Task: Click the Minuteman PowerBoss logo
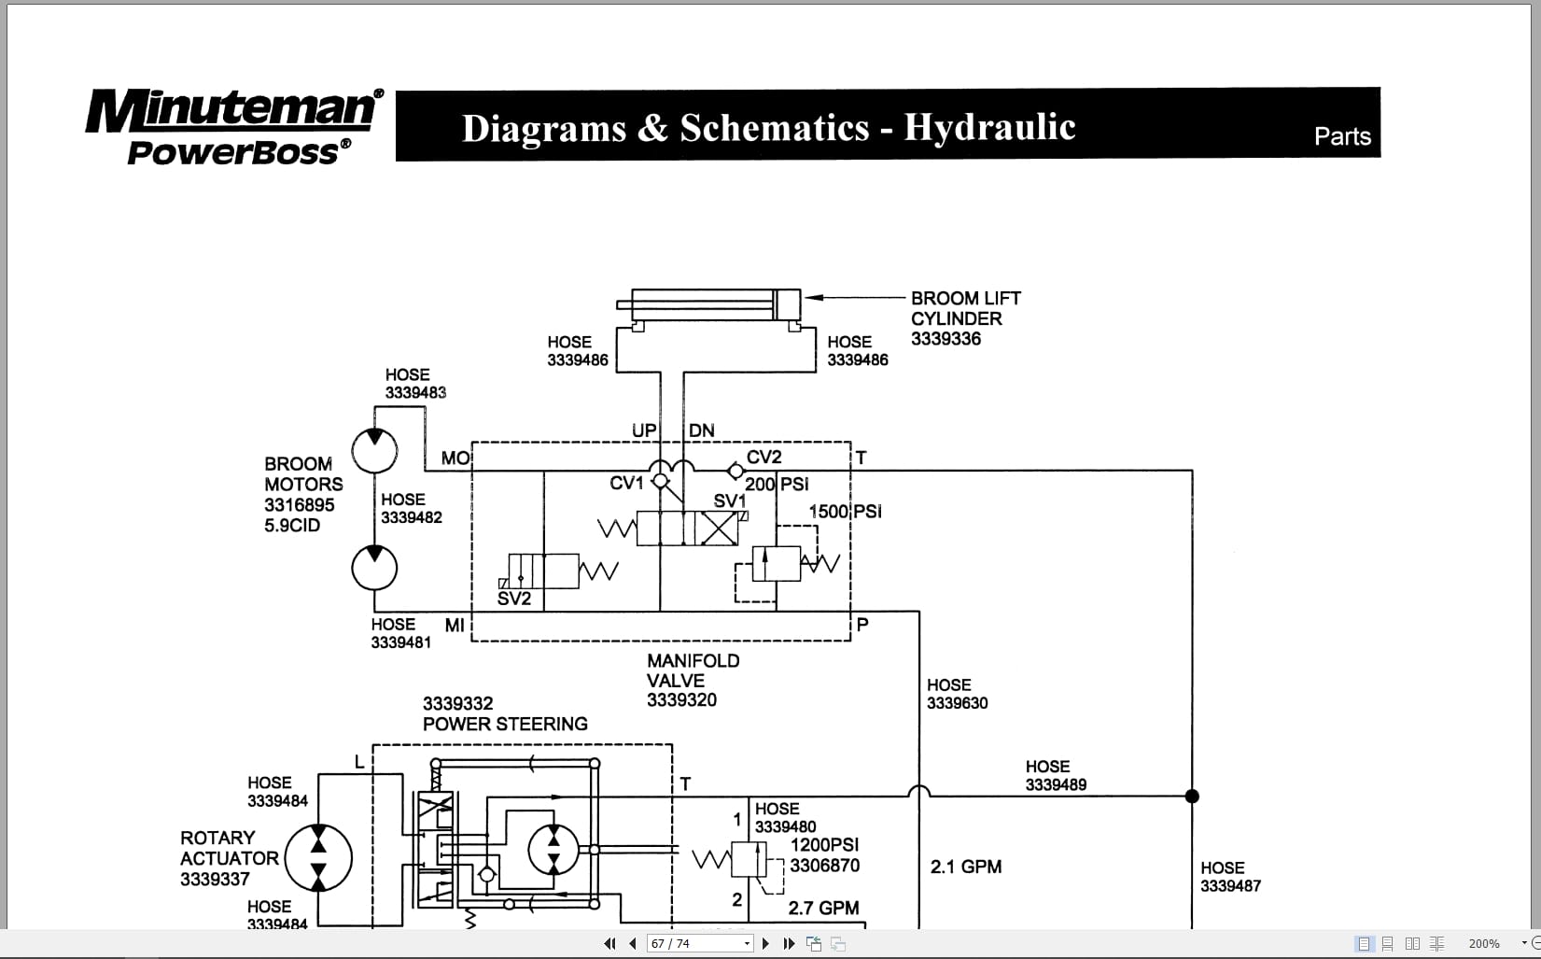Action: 233,126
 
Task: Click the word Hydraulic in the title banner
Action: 989,128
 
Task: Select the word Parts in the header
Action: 1341,136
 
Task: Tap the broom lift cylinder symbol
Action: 709,305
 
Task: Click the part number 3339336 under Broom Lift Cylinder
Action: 946,339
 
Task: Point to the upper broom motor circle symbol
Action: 374,450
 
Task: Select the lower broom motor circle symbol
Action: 374,567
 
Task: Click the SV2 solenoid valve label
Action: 513,599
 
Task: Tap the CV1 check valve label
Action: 626,483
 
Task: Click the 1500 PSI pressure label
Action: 845,512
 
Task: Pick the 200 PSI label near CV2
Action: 777,484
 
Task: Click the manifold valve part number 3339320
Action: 681,700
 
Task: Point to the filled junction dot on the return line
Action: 1192,797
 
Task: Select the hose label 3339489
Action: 1056,785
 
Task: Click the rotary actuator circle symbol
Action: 318,858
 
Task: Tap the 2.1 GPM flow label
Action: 965,867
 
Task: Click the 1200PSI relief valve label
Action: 824,845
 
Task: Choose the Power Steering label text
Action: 505,724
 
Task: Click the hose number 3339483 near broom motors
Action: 415,393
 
